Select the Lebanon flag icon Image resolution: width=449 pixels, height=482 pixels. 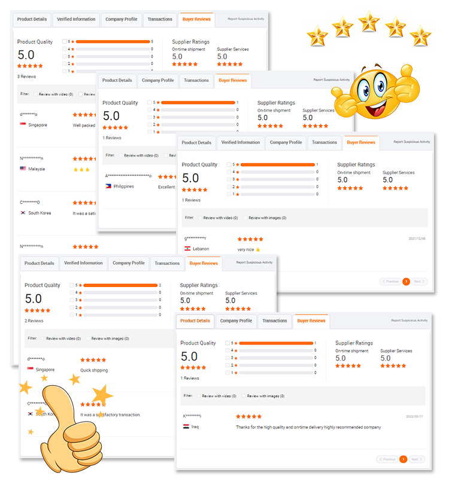click(188, 248)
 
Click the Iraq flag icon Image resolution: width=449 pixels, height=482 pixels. click(187, 426)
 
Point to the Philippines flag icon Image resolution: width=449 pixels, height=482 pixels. click(108, 186)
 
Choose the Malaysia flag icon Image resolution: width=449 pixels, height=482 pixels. click(23, 169)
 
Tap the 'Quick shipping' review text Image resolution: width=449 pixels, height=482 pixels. click(95, 370)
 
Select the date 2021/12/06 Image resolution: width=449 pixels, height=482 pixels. click(417, 238)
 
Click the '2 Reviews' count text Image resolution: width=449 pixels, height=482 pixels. click(34, 321)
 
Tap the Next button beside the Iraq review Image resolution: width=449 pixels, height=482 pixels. click(417, 459)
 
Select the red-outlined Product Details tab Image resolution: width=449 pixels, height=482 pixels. click(195, 321)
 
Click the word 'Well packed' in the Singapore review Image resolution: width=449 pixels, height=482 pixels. click(84, 125)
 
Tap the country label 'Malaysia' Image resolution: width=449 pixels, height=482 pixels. click(37, 169)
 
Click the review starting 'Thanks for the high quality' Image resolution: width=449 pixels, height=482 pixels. click(308, 427)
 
